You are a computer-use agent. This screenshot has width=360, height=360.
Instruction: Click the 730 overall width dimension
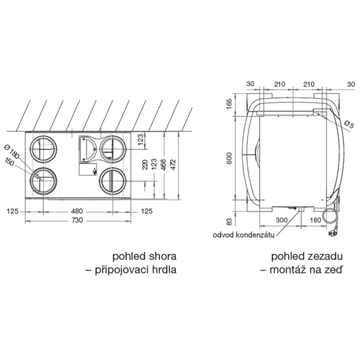point(77,220)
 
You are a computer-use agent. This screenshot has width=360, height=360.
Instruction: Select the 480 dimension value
point(77,211)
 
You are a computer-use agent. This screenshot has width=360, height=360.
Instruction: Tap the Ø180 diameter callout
point(11,152)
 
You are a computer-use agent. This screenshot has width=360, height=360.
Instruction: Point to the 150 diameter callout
point(9,162)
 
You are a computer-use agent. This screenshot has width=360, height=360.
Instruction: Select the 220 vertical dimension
point(145,164)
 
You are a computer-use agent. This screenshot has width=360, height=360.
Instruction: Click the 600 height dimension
point(229,158)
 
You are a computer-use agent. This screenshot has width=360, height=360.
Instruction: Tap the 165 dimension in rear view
point(229,104)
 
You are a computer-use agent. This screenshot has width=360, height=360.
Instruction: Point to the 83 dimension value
point(229,222)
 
